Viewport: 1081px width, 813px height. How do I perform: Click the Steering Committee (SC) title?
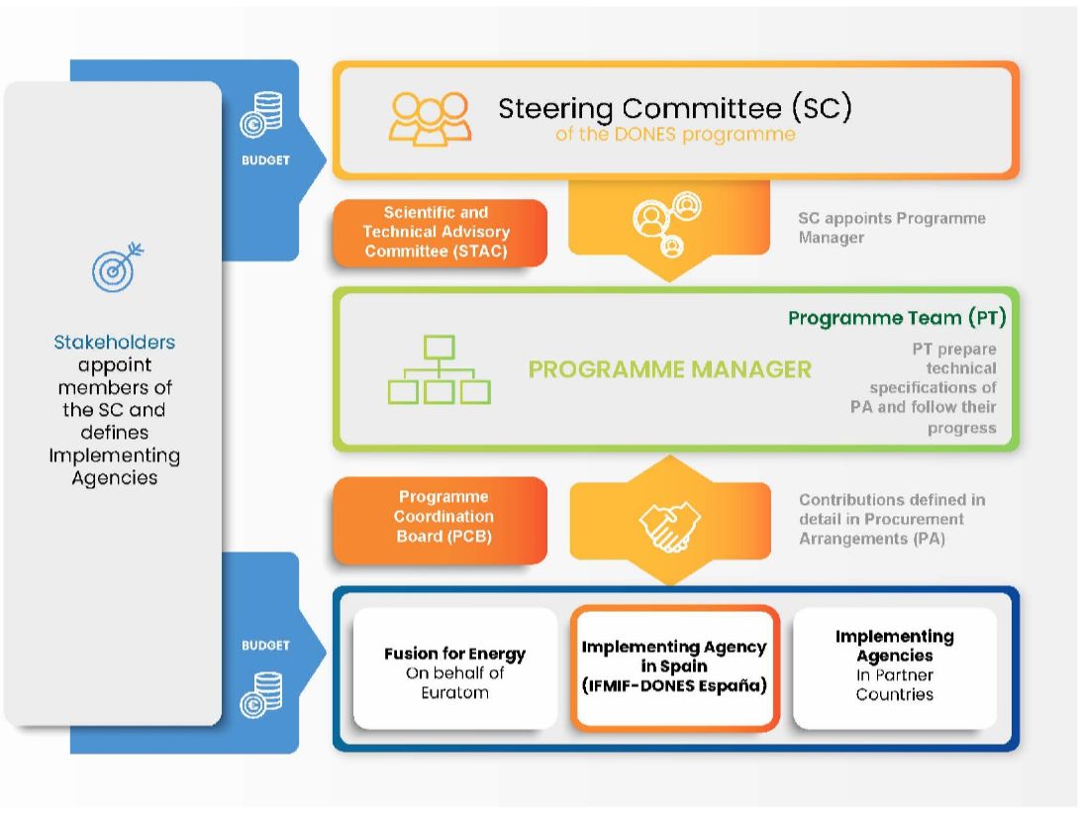click(x=675, y=108)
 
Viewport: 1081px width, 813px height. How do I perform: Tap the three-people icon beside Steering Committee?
click(x=430, y=118)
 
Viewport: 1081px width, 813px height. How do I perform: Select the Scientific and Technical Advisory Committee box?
click(x=440, y=233)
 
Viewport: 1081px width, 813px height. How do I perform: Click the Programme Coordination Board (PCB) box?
click(x=440, y=517)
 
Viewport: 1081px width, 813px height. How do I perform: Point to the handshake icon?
click(x=669, y=526)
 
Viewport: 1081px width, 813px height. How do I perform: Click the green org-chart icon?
click(x=440, y=369)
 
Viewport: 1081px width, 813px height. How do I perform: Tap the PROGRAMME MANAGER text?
click(x=669, y=369)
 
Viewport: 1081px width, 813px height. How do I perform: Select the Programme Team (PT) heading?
click(x=897, y=318)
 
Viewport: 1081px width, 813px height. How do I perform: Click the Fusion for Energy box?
click(x=455, y=668)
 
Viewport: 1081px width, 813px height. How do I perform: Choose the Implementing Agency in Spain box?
click(x=674, y=666)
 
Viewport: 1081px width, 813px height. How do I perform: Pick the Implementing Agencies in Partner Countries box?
click(x=895, y=667)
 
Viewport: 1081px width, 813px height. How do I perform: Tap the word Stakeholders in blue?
click(x=115, y=342)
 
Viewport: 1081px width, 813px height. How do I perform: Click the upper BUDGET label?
click(x=265, y=160)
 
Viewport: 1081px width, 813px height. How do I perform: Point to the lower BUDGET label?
click(x=265, y=646)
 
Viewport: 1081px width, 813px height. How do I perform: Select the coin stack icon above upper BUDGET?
click(x=261, y=114)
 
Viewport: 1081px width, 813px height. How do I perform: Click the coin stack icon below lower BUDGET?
click(x=261, y=694)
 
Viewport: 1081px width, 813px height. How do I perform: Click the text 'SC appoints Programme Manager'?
click(x=892, y=228)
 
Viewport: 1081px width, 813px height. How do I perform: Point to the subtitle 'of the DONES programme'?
click(x=675, y=134)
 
